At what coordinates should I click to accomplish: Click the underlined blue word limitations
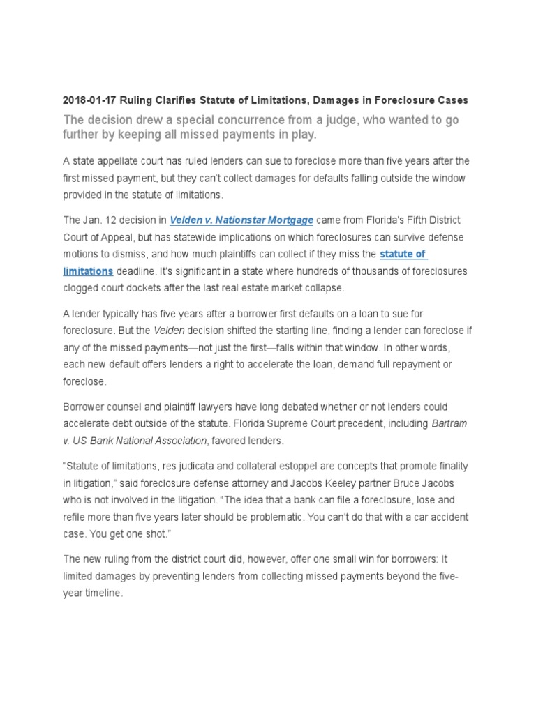[87, 271]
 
